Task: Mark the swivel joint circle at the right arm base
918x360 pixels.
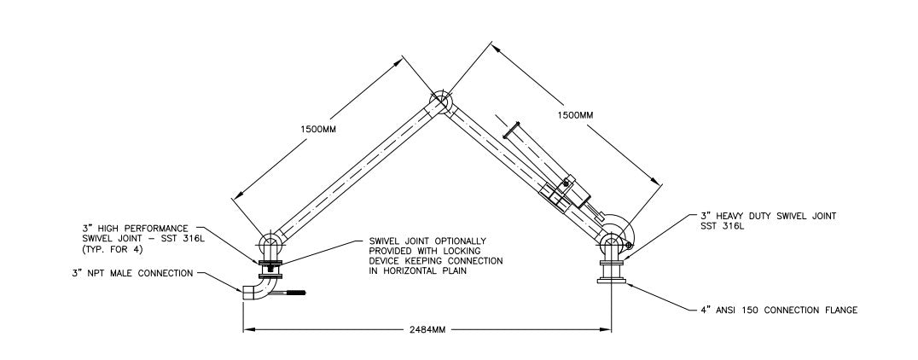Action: click(612, 241)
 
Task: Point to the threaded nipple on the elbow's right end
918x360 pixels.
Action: click(293, 295)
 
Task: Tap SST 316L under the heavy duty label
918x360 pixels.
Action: click(719, 227)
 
